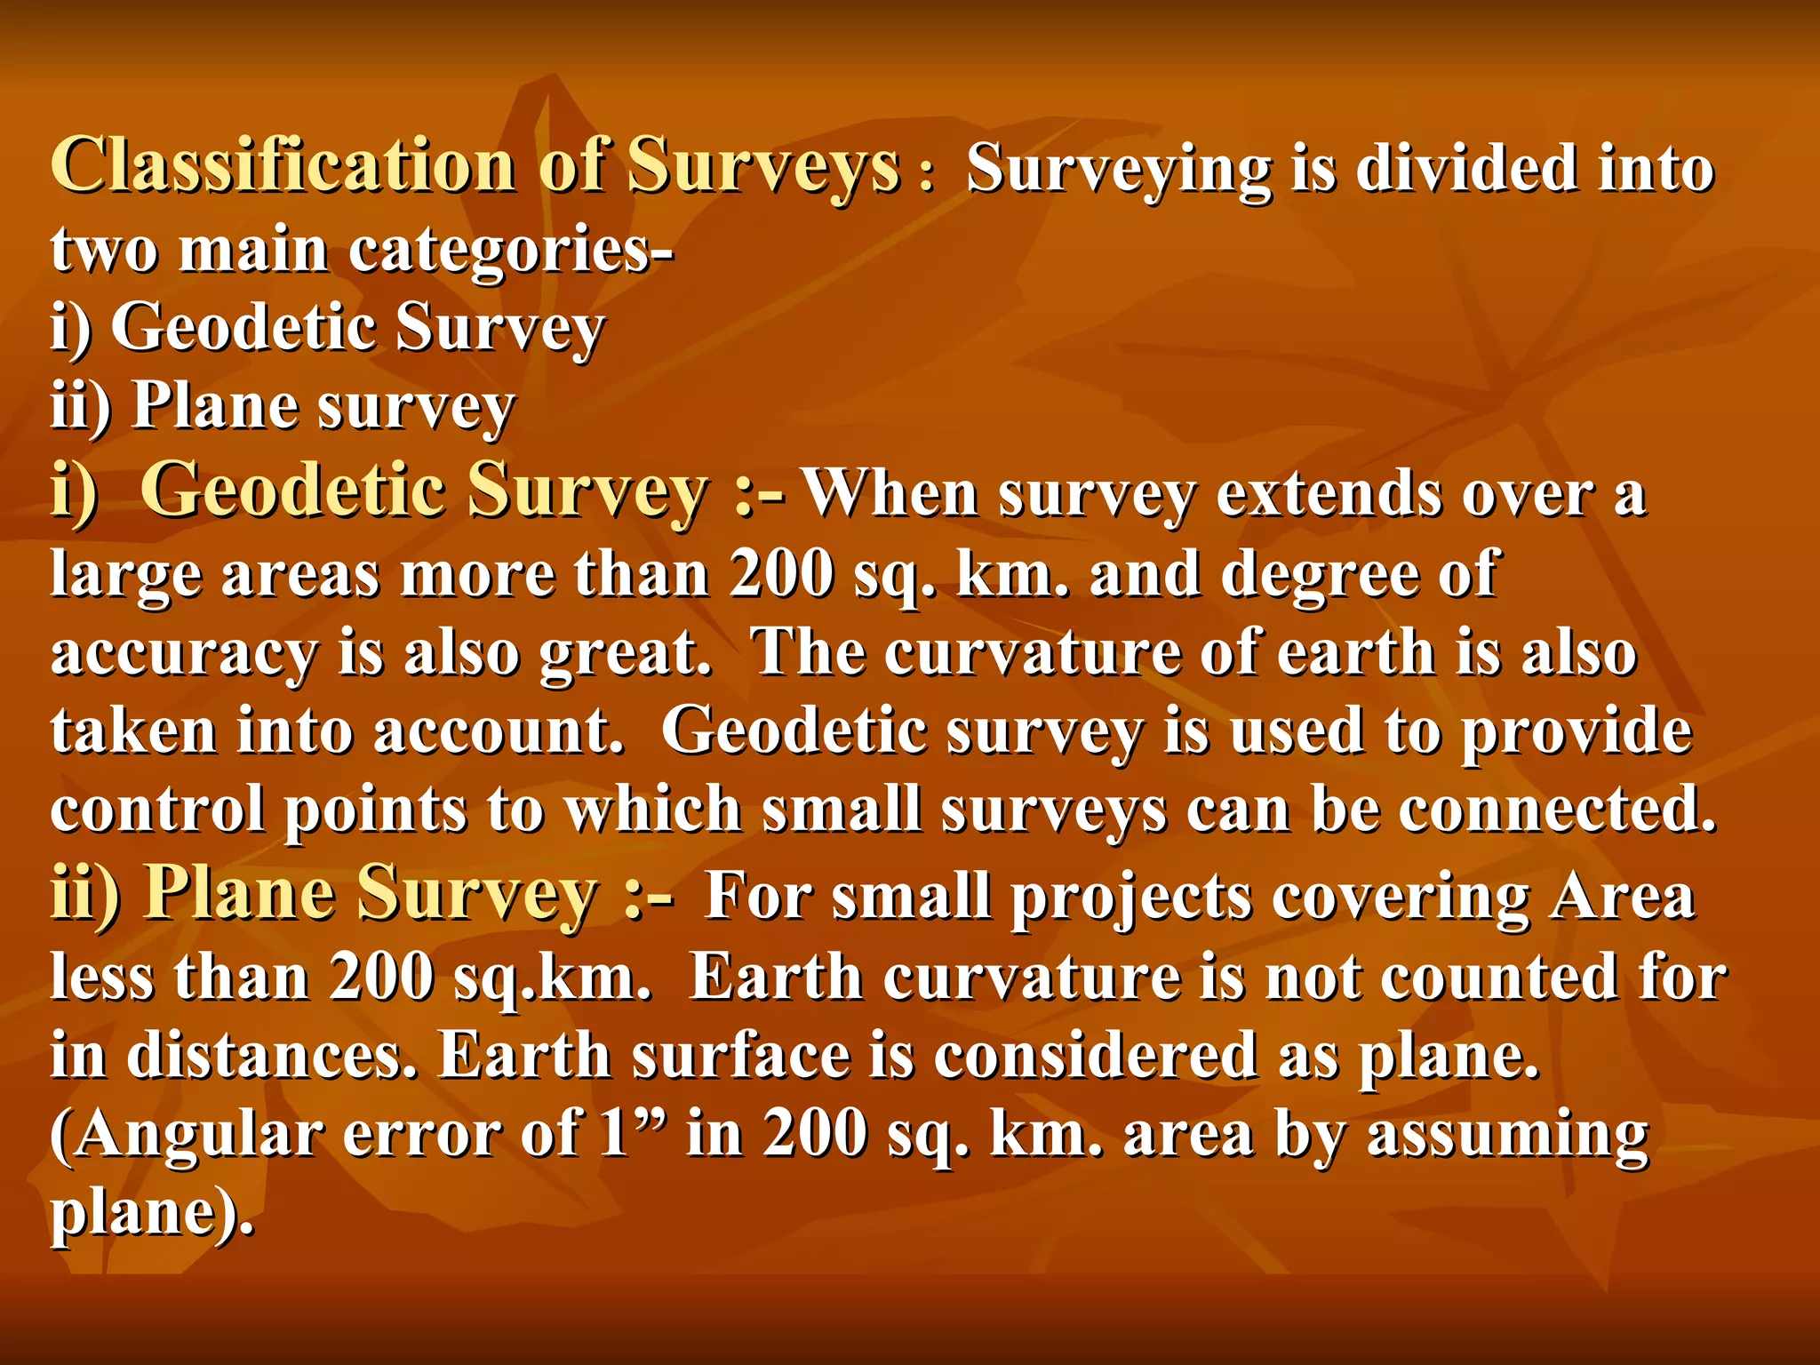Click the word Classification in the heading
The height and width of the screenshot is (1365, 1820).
pos(283,166)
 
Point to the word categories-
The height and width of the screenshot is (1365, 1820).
pos(511,251)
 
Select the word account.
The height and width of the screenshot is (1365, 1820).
pos(498,732)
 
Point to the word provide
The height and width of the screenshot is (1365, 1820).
pos(1577,732)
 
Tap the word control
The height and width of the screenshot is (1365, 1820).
pos(157,810)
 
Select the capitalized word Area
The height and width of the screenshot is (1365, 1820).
pos(1622,896)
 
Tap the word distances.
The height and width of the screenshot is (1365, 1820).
pos(271,1056)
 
